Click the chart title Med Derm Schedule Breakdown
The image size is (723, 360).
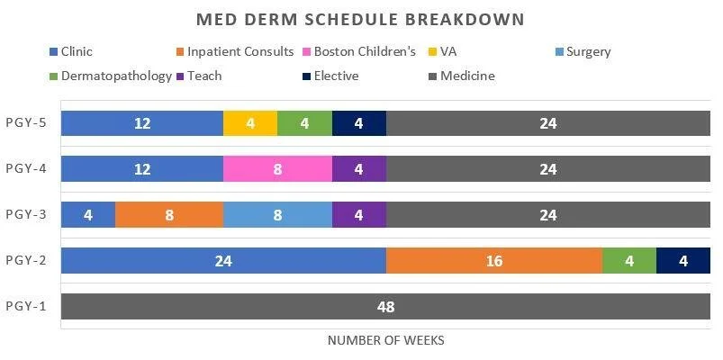tap(360, 19)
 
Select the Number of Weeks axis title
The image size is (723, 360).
tap(385, 340)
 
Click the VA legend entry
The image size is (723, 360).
tap(446, 51)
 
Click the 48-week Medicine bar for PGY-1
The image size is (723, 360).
tap(385, 307)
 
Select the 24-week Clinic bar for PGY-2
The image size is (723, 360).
tap(223, 261)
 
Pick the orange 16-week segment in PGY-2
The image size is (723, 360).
tap(493, 261)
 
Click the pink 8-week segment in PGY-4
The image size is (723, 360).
tap(277, 169)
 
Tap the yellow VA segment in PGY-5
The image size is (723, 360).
tap(250, 123)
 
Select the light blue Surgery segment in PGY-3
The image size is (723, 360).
tap(277, 215)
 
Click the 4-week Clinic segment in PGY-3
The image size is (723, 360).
tap(88, 215)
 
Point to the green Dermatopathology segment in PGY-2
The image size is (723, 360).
tap(628, 261)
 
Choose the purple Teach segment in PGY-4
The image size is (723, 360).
tap(358, 169)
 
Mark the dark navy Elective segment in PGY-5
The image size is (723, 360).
tap(358, 123)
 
